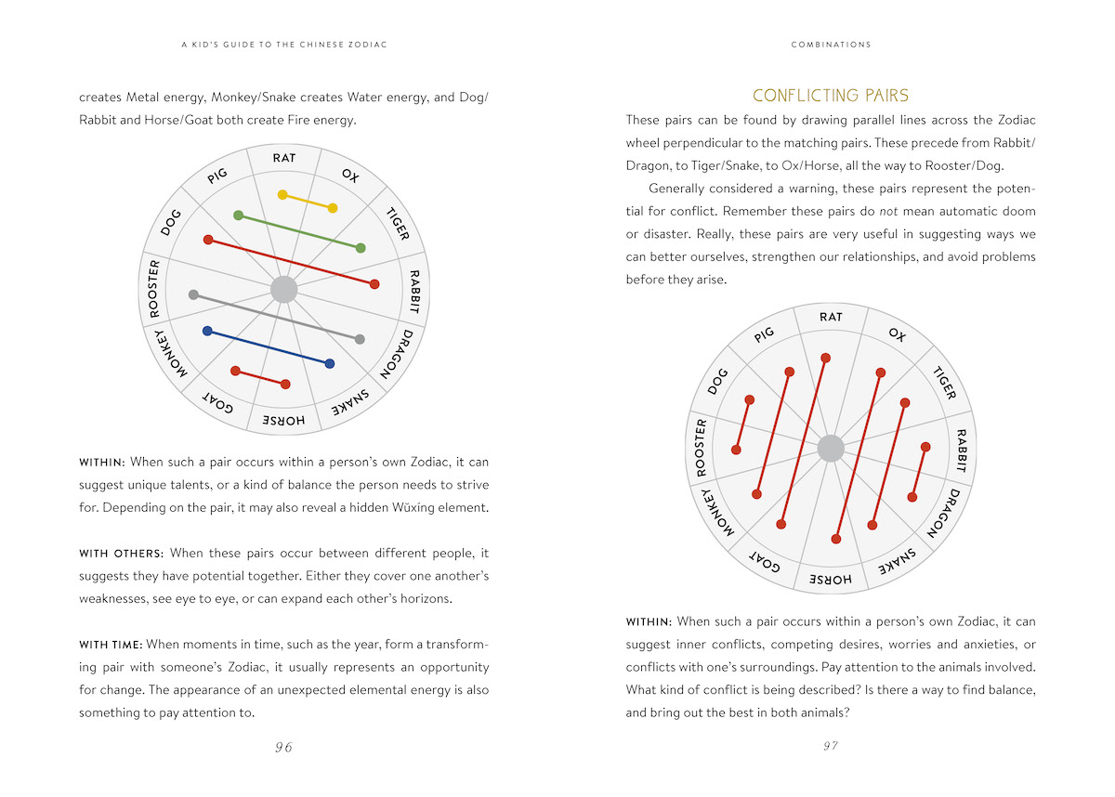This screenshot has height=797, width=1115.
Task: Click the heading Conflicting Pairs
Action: (830, 96)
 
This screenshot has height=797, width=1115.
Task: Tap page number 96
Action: (283, 747)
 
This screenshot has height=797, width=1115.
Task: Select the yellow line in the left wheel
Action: (308, 201)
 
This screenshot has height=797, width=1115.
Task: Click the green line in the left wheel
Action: (299, 231)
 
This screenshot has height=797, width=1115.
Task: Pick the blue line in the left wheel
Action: (268, 346)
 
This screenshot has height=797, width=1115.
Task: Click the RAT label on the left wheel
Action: (284, 158)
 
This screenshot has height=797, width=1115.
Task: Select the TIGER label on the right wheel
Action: (943, 383)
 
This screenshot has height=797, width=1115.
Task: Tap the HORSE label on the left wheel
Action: (283, 421)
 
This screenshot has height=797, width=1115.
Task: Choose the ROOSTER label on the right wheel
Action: (702, 447)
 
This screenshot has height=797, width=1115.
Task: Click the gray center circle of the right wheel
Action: (831, 450)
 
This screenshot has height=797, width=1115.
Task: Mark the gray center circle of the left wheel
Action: (283, 290)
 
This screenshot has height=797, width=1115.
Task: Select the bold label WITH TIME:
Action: (111, 643)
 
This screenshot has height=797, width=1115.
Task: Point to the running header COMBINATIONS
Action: (831, 45)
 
